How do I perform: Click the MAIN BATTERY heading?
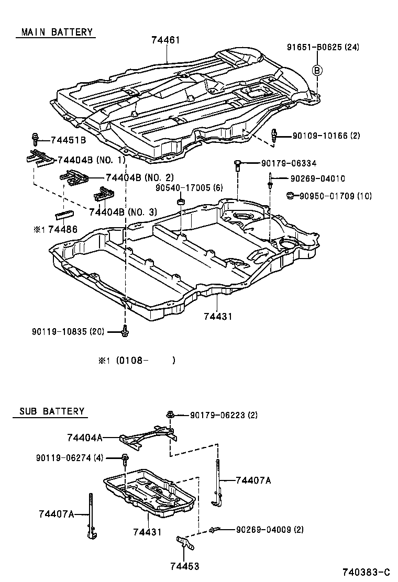pos(56,32)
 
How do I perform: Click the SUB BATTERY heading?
pos(51,411)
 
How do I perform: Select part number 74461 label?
pos(167,39)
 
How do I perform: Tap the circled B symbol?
pos(317,70)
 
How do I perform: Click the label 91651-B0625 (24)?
pos(323,47)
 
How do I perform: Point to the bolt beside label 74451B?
pos(36,139)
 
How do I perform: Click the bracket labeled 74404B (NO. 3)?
pos(104,196)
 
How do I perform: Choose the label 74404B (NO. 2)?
pos(139,177)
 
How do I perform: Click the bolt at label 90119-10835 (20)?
pos(125,330)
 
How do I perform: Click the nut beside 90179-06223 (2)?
pos(170,415)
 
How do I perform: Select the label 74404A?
pos(84,436)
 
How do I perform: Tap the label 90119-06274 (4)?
pos(70,458)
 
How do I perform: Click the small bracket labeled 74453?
pos(184,542)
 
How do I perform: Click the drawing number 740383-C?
pos(366,572)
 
